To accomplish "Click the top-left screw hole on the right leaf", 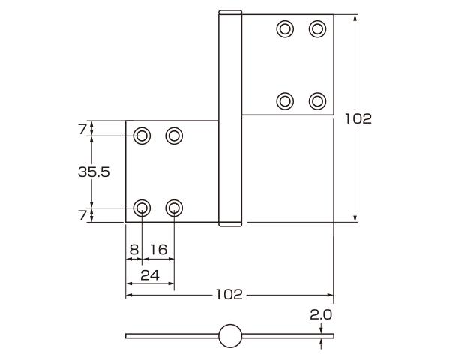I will pyautogui.click(x=285, y=29).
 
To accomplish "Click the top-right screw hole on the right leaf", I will pyautogui.click(x=318, y=29).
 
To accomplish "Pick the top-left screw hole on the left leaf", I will pyautogui.click(x=142, y=136).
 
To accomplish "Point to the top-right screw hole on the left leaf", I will pyautogui.click(x=175, y=136).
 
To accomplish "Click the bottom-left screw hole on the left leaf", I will pyautogui.click(x=142, y=208).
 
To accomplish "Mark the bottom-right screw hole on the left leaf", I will pyautogui.click(x=175, y=208).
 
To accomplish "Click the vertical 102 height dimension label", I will pyautogui.click(x=358, y=118).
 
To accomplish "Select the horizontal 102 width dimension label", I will pyautogui.click(x=228, y=295).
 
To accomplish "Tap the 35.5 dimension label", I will pyautogui.click(x=94, y=172).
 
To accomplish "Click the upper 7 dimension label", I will pyautogui.click(x=82, y=129).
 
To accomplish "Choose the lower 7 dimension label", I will pyautogui.click(x=82, y=215).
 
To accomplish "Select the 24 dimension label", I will pyautogui.click(x=150, y=275).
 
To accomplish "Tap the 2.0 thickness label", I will pyautogui.click(x=321, y=315).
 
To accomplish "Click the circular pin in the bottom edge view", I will pyautogui.click(x=230, y=336).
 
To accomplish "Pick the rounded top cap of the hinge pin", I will pyautogui.click(x=230, y=13).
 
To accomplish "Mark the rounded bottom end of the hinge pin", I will pyautogui.click(x=230, y=223).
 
